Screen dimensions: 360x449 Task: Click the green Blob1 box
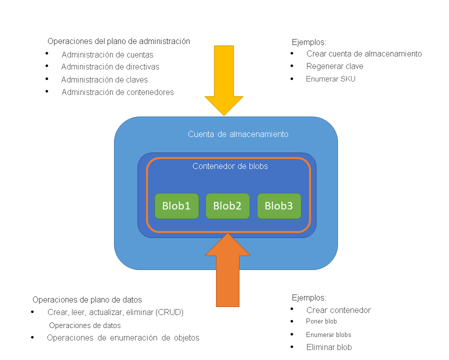[176, 206]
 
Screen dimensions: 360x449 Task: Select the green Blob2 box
[227, 206]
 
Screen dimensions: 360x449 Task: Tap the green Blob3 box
[279, 206]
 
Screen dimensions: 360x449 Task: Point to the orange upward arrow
[228, 272]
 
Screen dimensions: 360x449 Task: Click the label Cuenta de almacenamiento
[238, 134]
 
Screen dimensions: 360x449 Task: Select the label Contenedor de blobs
[230, 166]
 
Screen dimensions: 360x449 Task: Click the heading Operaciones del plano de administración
[118, 41]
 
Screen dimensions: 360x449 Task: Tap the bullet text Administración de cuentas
[107, 55]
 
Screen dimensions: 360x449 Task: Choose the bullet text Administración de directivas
[110, 66]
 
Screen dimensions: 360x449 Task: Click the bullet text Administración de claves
[104, 79]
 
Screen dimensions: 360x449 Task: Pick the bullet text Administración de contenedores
[117, 92]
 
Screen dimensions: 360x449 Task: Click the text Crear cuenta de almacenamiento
[364, 53]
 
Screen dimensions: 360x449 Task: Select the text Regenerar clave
[334, 66]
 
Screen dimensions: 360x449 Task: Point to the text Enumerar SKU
[330, 78]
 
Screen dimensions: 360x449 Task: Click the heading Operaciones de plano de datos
[87, 299]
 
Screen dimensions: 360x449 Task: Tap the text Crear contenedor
[338, 310]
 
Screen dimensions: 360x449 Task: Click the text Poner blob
[321, 321]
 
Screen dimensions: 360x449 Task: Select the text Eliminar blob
[329, 347]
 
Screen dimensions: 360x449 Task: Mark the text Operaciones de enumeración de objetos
[123, 337]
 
